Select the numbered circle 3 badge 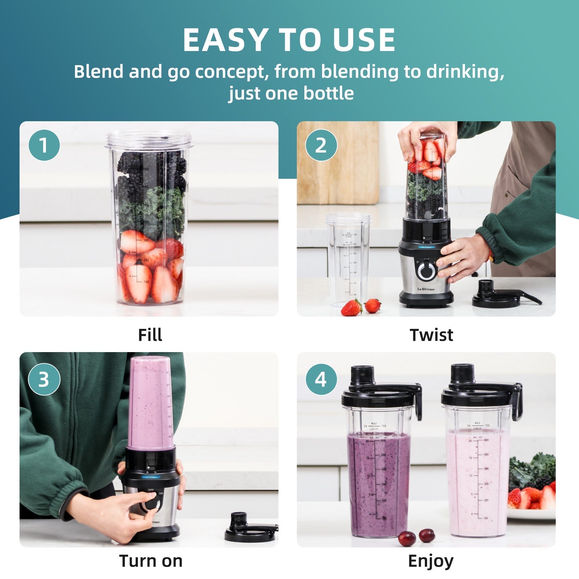point(44,379)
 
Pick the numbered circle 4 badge point(321,379)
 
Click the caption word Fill point(150,335)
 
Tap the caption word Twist point(431,335)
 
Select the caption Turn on point(151,561)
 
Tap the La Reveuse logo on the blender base point(426,289)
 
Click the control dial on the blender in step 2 point(427,270)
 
